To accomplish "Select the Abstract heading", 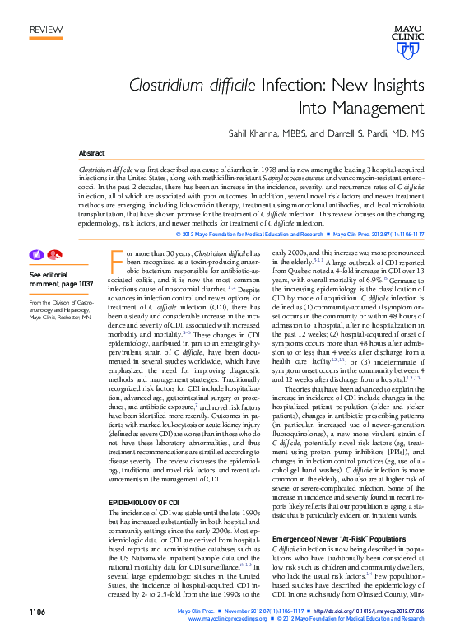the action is (x=92, y=154).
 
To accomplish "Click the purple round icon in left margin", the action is (x=35, y=232).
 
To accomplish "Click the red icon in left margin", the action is (x=54, y=232).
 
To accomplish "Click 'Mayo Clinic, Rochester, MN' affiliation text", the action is (x=60, y=294).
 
